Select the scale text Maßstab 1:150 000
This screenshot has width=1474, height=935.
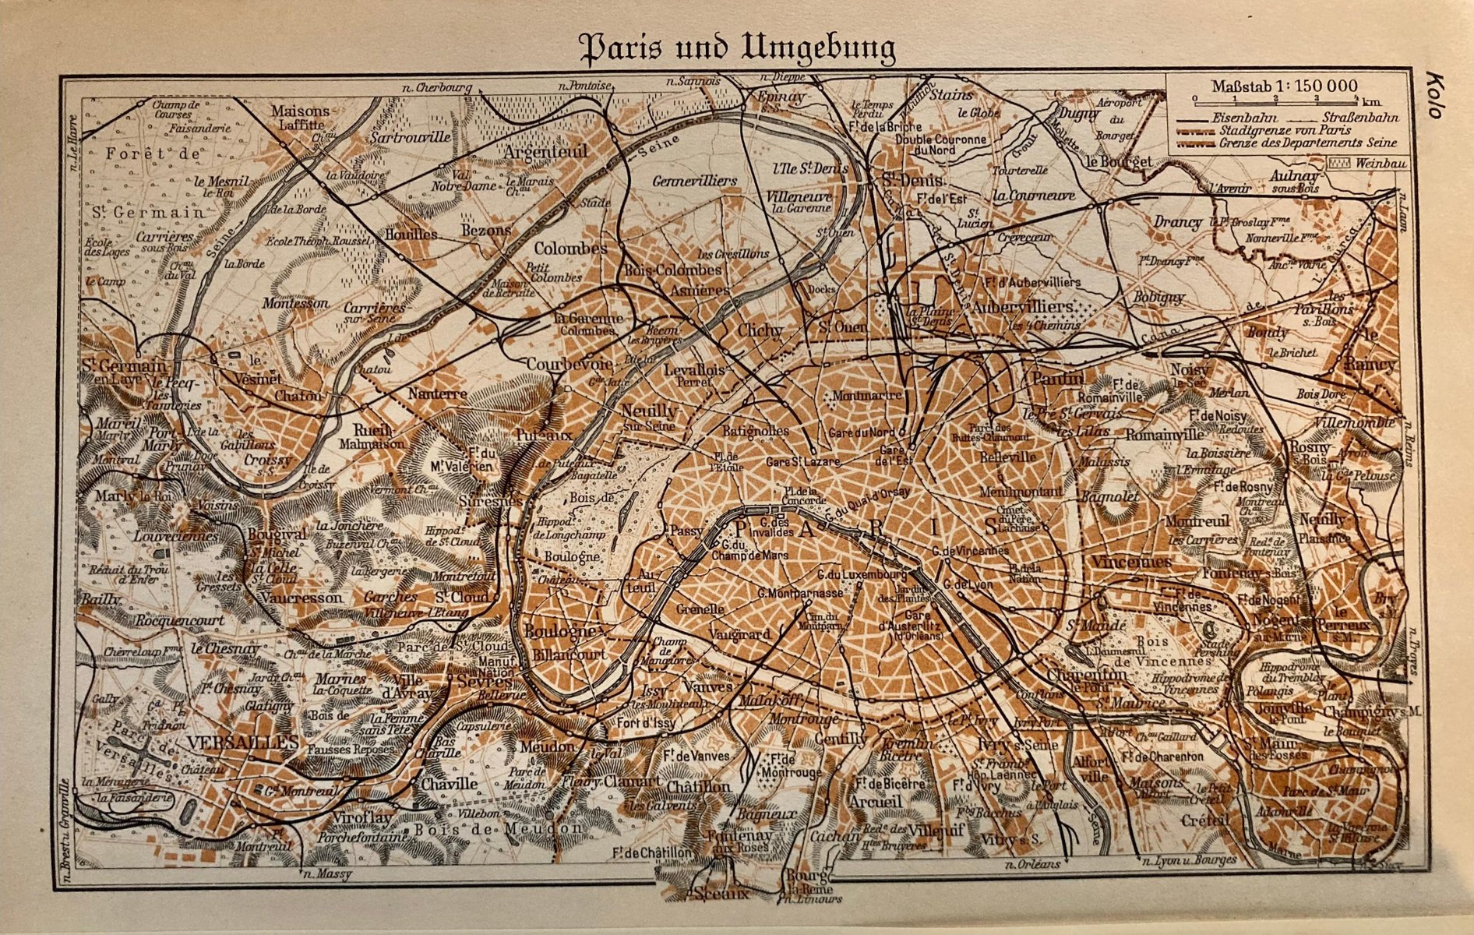(x=1284, y=86)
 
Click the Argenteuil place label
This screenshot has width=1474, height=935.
(x=546, y=151)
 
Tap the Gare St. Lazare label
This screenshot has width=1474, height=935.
(x=803, y=461)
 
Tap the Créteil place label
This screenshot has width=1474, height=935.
(x=1204, y=820)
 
